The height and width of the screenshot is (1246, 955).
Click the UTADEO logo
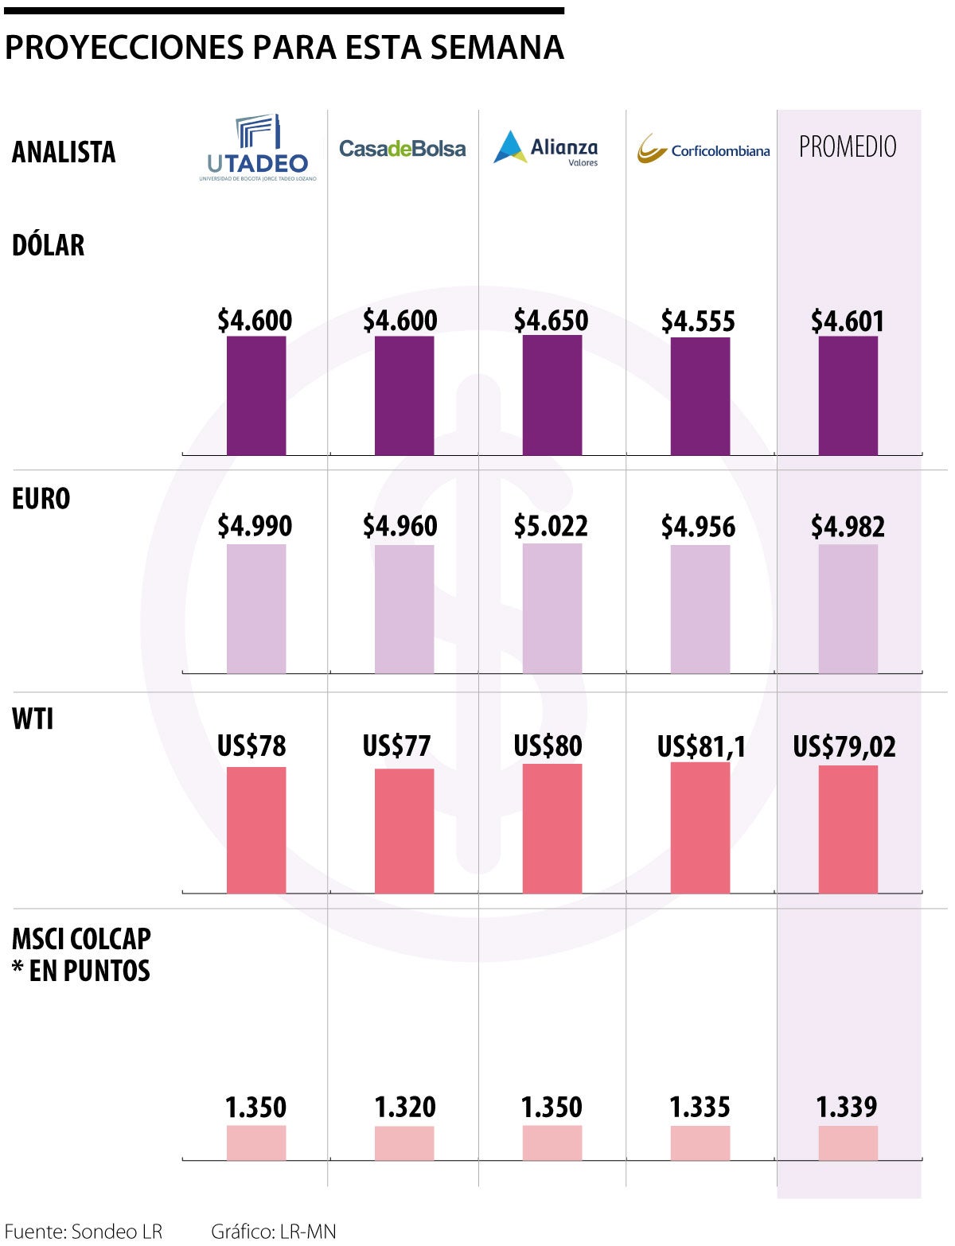click(258, 148)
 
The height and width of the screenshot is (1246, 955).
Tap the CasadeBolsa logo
click(402, 149)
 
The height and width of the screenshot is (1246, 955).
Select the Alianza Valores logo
click(546, 148)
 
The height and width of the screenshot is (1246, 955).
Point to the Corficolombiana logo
click(704, 149)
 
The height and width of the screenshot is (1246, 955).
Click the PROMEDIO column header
click(848, 146)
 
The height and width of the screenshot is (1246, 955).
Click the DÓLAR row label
click(49, 245)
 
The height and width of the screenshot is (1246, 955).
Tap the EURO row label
click(41, 499)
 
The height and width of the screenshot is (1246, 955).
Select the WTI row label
click(33, 718)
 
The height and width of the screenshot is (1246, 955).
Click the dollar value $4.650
click(551, 320)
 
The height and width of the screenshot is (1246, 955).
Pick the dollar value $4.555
click(698, 321)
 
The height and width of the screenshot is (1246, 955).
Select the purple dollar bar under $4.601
click(848, 395)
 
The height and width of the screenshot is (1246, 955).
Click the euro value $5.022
click(551, 526)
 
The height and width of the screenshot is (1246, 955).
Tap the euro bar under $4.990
click(255, 609)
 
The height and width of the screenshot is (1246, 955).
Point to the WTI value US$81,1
click(701, 746)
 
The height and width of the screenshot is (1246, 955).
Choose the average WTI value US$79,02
click(844, 746)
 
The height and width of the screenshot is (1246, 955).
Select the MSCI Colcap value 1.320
click(405, 1107)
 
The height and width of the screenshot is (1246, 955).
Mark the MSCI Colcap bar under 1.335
click(700, 1143)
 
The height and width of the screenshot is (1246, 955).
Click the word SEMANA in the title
click(497, 48)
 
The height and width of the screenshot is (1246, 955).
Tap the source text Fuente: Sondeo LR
click(84, 1231)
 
